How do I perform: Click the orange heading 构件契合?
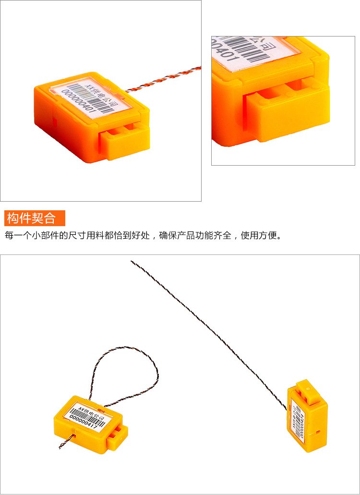pyautogui.click(x=31, y=218)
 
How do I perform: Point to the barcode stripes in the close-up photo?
pyautogui.click(x=259, y=50)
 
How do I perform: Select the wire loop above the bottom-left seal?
pyautogui.click(x=125, y=365)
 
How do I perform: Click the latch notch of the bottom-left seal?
pyautogui.click(x=118, y=435)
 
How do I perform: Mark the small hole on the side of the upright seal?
pyautogui.click(x=318, y=432)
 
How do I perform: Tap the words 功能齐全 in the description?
pyautogui.click(x=213, y=236)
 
